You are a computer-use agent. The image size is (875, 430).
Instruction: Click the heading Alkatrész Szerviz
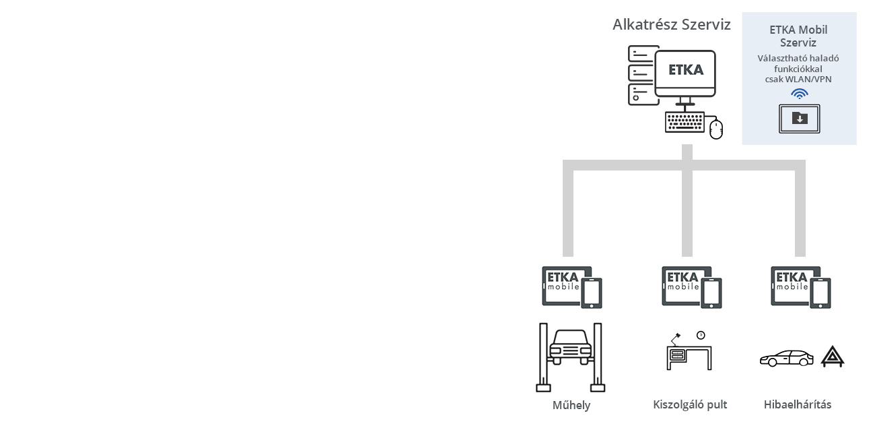pyautogui.click(x=672, y=25)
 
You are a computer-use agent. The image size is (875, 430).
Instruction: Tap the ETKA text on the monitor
pyautogui.click(x=686, y=70)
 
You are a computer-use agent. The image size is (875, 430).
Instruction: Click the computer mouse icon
pyautogui.click(x=716, y=129)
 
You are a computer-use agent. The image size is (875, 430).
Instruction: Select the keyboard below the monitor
pyautogui.click(x=685, y=122)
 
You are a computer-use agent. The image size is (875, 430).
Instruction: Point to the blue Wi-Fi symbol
pyautogui.click(x=799, y=94)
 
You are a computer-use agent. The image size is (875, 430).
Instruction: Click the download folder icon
pyautogui.click(x=800, y=119)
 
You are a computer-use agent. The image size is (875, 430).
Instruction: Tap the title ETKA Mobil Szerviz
pyautogui.click(x=798, y=36)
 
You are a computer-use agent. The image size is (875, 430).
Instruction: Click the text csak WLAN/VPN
pyautogui.click(x=798, y=80)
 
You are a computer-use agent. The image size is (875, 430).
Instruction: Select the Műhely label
pyautogui.click(x=571, y=405)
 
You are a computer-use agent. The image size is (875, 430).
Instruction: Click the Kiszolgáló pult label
pyautogui.click(x=690, y=404)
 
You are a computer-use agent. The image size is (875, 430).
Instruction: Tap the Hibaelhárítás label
pyautogui.click(x=798, y=404)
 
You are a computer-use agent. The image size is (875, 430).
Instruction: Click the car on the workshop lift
pyautogui.click(x=571, y=347)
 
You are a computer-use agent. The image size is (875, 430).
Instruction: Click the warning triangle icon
pyautogui.click(x=833, y=357)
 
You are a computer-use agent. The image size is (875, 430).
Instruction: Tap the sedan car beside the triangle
pyautogui.click(x=786, y=358)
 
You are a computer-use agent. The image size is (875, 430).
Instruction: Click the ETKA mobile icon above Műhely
pyautogui.click(x=572, y=287)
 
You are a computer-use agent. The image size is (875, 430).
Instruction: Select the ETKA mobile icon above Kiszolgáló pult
pyautogui.click(x=692, y=287)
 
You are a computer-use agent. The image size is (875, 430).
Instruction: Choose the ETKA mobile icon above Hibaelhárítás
pyautogui.click(x=801, y=287)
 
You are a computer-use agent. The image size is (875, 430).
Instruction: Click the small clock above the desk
pyautogui.click(x=701, y=336)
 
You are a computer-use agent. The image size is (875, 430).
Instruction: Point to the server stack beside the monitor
pyautogui.click(x=641, y=75)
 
